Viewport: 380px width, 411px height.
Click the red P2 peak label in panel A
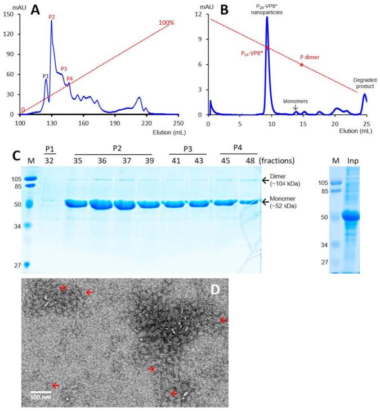(x=52, y=17)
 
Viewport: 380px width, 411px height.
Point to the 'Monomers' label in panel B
(x=295, y=100)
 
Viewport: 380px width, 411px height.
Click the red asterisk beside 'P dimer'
(x=302, y=66)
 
